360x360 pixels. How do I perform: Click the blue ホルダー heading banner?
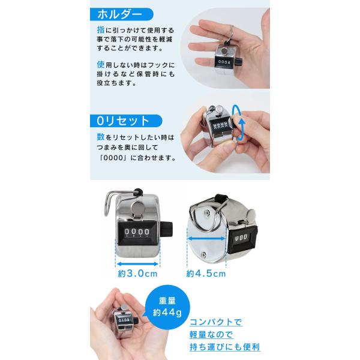tap(122, 14)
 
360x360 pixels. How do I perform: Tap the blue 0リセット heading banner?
tap(126, 121)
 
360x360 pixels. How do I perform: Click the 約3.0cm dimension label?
tap(137, 274)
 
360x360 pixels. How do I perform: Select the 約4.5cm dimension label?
tap(206, 274)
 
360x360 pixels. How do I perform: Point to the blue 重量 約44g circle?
tap(167, 307)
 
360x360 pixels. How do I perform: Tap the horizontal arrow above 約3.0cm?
tap(137, 264)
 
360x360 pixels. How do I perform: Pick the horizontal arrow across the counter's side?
tap(206, 239)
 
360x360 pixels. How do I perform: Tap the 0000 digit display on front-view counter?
tap(137, 232)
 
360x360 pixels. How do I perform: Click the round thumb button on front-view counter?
tap(137, 207)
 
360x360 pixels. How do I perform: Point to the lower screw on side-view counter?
tap(203, 254)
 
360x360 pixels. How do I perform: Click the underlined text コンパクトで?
tap(215, 322)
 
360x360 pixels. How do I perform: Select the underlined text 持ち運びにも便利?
tap(224, 347)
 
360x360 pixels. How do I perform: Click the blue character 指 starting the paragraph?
tap(101, 30)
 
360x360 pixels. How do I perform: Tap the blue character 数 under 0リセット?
tap(101, 137)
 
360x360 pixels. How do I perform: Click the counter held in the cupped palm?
tap(125, 321)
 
